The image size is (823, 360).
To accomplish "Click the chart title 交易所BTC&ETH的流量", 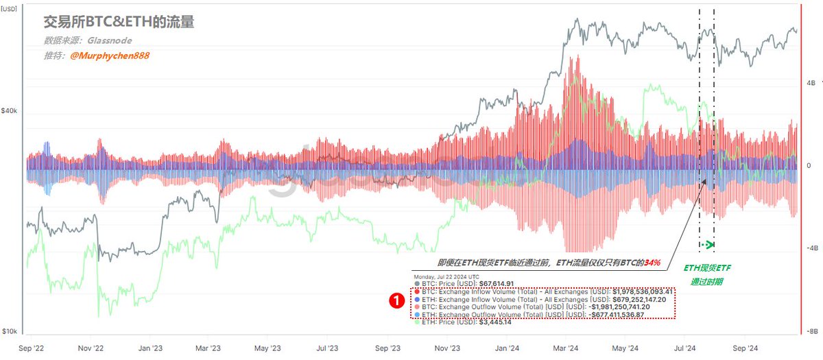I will pos(119,23).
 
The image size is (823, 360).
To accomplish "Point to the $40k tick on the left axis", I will pos(10,111).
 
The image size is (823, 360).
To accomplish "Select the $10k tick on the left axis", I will pos(10,332).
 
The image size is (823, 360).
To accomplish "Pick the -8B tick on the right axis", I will pos(811,331).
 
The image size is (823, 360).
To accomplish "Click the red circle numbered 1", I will pos(396,300).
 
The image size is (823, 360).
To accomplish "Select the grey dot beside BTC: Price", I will pos(417,283).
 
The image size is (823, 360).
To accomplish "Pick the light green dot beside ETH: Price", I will pos(417,322).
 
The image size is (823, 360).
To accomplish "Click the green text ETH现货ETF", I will pos(706,268).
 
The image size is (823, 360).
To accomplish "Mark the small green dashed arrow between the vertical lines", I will pos(707,245).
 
